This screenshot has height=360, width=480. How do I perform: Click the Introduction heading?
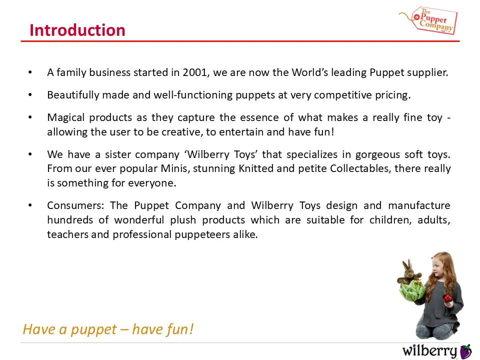tap(77, 30)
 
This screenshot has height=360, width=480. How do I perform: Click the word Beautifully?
tap(73, 95)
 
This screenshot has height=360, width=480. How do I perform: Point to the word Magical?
tap(66, 117)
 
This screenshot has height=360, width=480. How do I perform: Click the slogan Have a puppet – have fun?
tap(108, 329)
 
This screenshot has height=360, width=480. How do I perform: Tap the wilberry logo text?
tap(429, 351)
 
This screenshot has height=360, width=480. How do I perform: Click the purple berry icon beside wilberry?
tap(466, 351)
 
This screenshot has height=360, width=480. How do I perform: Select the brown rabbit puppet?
tap(409, 272)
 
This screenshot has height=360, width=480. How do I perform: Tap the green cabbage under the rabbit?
tap(412, 291)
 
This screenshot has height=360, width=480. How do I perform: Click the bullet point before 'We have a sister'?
tap(30, 154)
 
